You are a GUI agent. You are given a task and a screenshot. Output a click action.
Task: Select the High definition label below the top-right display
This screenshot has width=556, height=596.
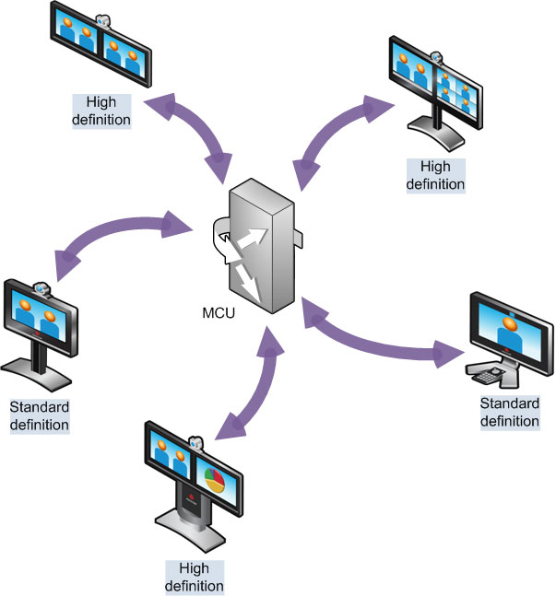[442, 173]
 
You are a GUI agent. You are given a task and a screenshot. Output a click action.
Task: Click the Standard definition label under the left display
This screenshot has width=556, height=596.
[40, 415]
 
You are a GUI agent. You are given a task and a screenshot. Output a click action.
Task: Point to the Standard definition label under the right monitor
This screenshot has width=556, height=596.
[509, 412]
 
